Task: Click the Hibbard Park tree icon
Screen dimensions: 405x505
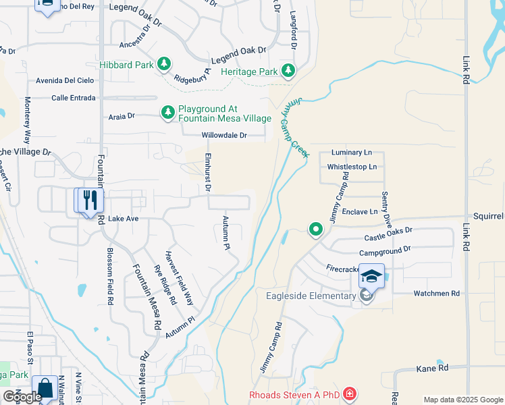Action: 163,64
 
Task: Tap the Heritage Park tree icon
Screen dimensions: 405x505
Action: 288,71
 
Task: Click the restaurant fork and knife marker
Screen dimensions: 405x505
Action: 88,200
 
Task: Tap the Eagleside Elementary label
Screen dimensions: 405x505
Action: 320,296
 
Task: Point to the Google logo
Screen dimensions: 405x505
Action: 22,397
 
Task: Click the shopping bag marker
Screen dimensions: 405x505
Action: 45,389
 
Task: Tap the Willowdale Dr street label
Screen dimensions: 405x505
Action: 224,135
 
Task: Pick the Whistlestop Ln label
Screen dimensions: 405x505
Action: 351,166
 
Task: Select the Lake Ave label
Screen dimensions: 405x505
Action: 123,219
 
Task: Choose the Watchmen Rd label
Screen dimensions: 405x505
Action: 436,294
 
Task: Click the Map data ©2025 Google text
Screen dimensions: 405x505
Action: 463,400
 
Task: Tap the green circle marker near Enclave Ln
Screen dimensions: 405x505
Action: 315,230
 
